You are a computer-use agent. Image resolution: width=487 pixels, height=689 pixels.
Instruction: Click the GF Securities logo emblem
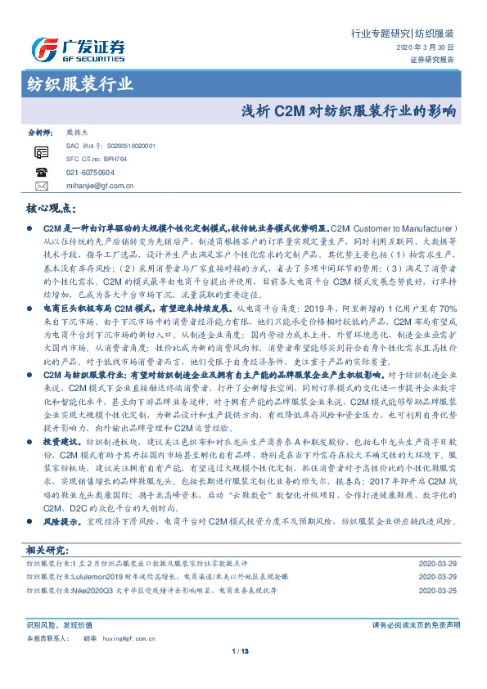pos(43,50)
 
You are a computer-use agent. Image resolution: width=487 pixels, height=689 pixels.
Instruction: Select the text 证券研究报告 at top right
pos(432,59)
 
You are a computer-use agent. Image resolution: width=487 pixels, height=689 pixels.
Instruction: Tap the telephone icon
pos(42,172)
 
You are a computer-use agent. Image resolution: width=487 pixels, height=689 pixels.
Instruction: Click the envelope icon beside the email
pos(42,186)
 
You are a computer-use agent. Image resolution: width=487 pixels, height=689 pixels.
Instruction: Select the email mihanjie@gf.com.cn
pos(100,186)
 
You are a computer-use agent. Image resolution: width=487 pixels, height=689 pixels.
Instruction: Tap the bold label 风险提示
pos(60,520)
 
